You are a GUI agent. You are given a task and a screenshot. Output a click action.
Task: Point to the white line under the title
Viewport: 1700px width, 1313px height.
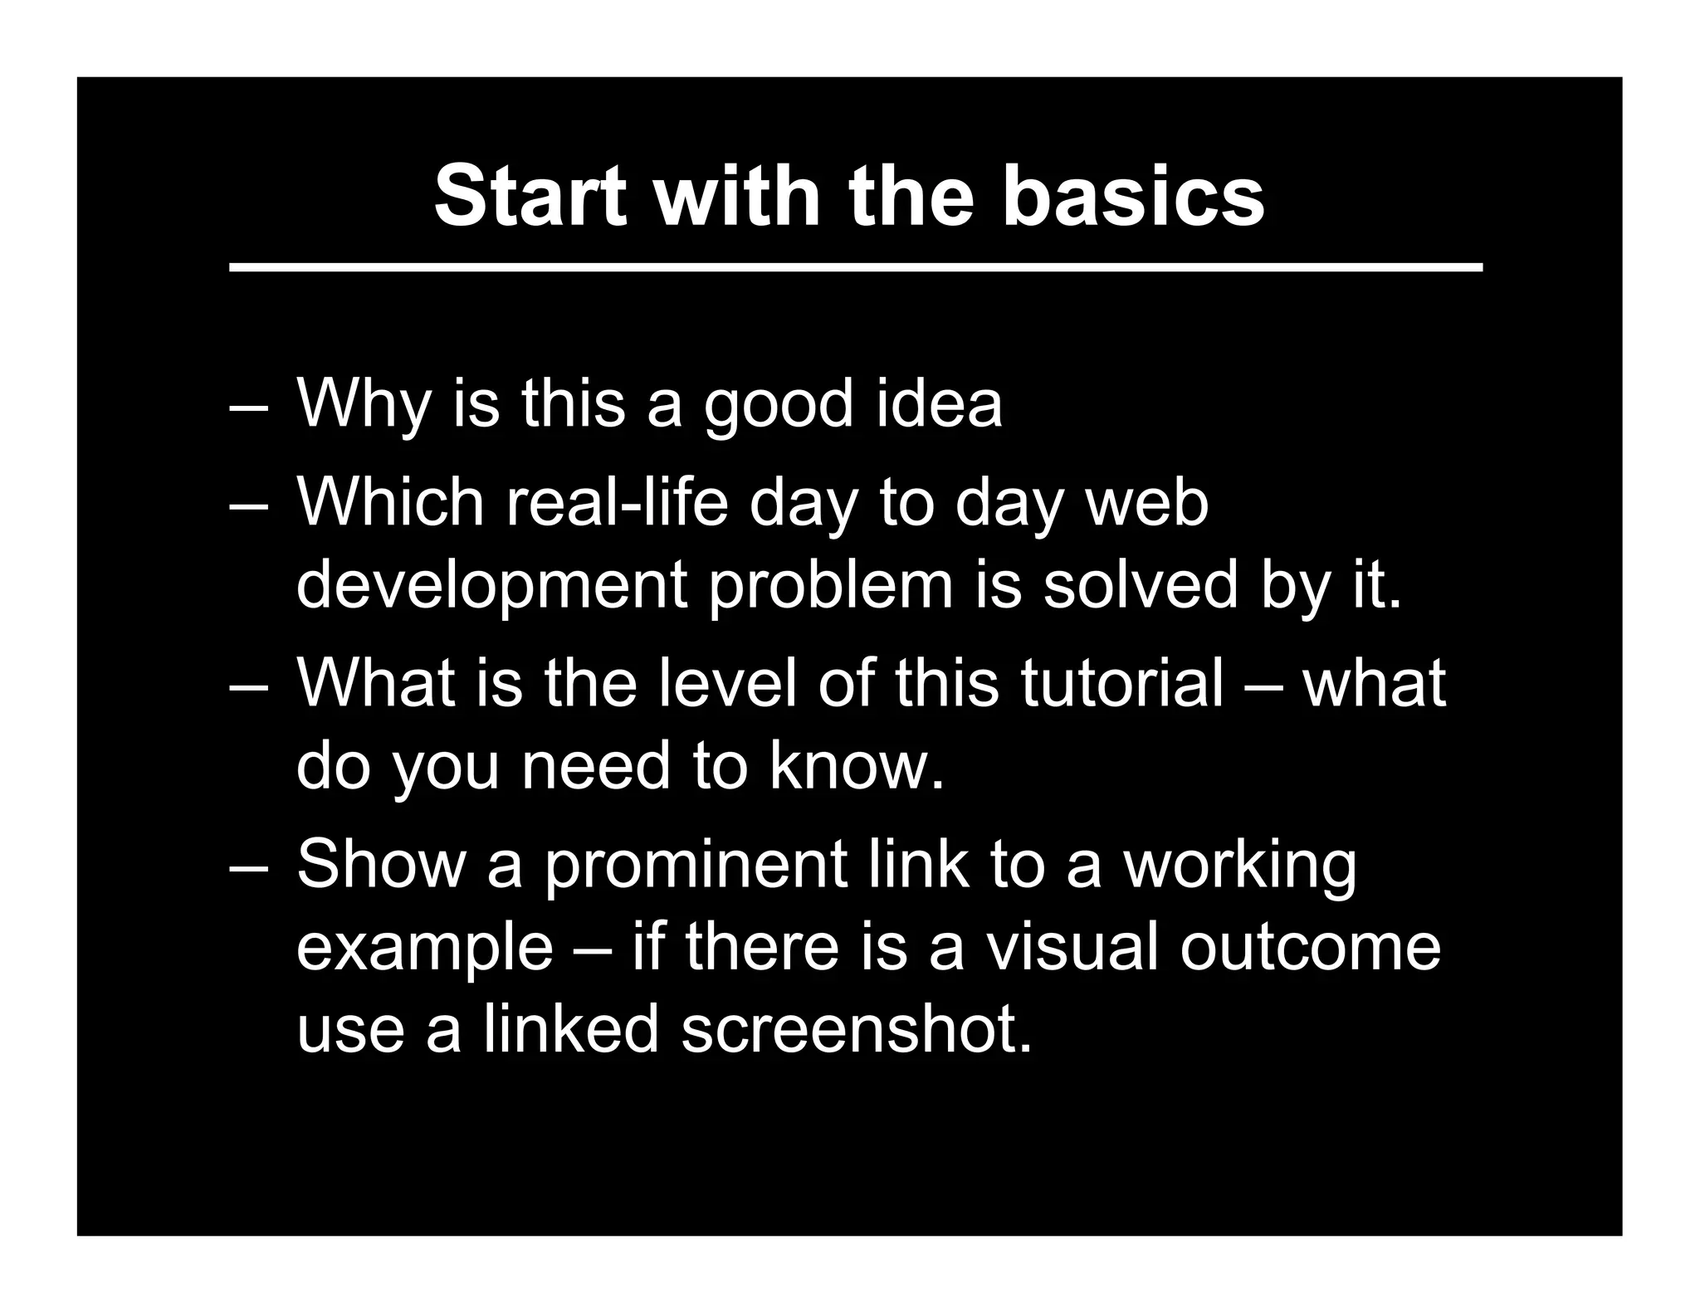[855, 267]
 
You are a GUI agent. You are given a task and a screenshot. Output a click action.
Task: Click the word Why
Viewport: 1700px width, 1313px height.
[364, 405]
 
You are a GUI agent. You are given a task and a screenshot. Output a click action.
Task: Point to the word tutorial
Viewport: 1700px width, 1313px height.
[1121, 682]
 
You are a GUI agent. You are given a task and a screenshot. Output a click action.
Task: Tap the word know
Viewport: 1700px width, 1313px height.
[856, 765]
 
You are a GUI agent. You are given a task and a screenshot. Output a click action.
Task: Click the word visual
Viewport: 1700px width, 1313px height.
[1071, 947]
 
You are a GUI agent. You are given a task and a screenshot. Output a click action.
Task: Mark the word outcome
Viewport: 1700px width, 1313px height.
[1311, 947]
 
